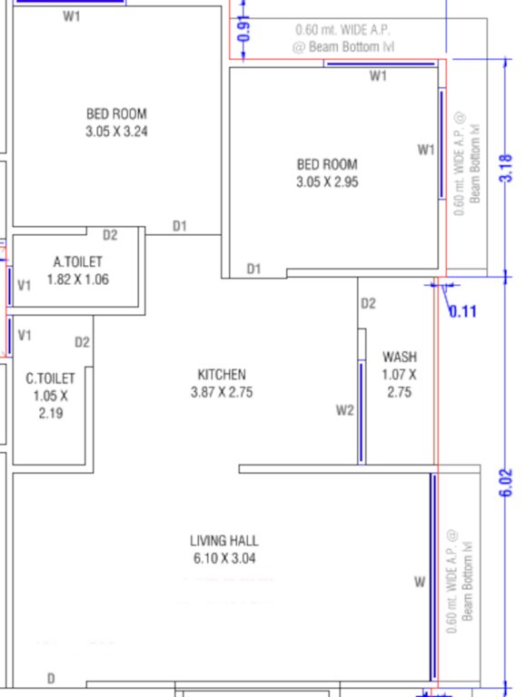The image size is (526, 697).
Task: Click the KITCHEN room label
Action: [x=222, y=374]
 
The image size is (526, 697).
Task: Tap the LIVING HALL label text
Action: [x=223, y=541]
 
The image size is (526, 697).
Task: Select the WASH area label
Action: [x=400, y=357]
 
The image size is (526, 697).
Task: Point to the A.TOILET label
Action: [x=78, y=262]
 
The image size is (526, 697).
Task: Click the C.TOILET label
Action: [x=51, y=378]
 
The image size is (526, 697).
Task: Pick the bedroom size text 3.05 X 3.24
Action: [x=116, y=131]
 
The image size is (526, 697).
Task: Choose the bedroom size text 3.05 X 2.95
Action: [x=327, y=182]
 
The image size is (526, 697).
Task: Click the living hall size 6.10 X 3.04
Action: [x=223, y=558]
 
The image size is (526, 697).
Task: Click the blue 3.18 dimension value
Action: [x=507, y=169]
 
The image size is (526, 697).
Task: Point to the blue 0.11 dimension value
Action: [x=463, y=311]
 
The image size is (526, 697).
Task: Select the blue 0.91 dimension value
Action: [x=242, y=28]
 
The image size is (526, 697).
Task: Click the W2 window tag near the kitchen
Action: [x=344, y=410]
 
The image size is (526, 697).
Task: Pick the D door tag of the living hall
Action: [x=51, y=678]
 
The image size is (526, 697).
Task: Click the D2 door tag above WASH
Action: [x=368, y=303]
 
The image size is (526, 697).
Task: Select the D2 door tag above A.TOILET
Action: [x=110, y=235]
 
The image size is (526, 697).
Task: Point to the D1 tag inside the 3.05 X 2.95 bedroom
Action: [x=254, y=269]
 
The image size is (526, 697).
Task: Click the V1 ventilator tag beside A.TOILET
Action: [x=25, y=285]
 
